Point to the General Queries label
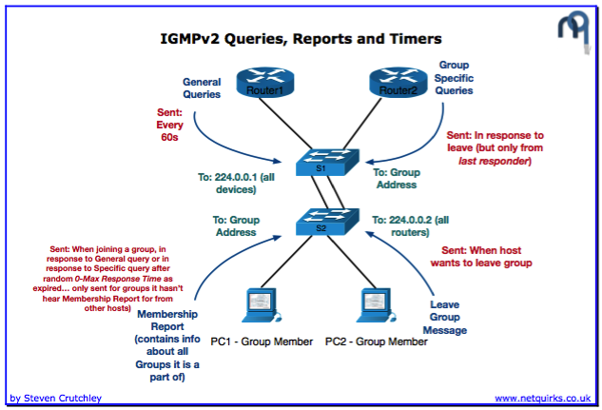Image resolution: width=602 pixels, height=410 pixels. [201, 88]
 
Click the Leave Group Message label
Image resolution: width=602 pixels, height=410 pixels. [444, 318]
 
